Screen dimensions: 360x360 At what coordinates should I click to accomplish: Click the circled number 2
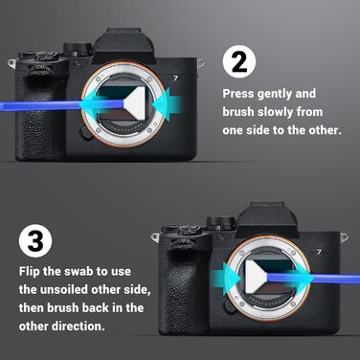click(x=239, y=63)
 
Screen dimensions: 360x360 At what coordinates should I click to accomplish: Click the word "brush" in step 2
click(x=241, y=111)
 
